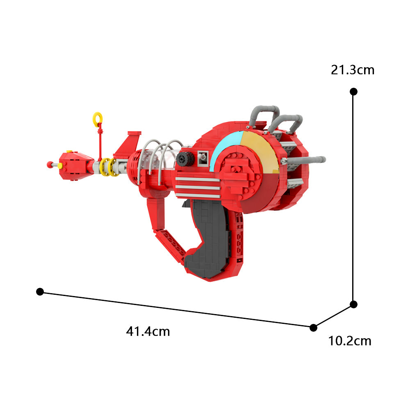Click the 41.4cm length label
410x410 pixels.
(x=148, y=331)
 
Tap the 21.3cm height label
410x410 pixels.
(x=353, y=70)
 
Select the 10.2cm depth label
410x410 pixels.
(x=350, y=341)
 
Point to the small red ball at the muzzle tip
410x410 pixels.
(x=50, y=165)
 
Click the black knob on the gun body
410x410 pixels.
(x=185, y=159)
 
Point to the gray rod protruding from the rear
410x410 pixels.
(x=306, y=159)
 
